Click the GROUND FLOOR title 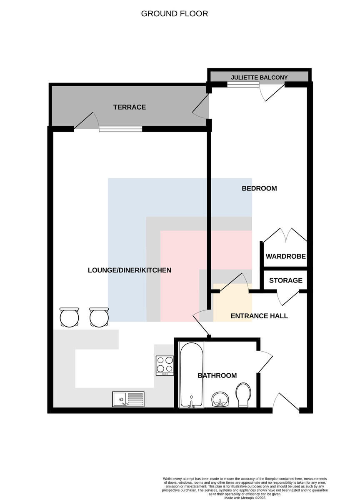(x=174, y=14)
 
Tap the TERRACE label (x=130, y=107)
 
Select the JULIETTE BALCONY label (x=259, y=77)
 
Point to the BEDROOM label (x=259, y=188)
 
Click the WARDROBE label (x=286, y=256)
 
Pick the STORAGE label (x=286, y=280)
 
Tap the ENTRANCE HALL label (x=259, y=316)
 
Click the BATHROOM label (x=217, y=375)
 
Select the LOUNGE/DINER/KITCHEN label (x=130, y=270)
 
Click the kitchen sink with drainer (x=128, y=399)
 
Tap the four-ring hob (x=165, y=365)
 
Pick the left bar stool (x=69, y=317)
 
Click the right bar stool (x=99, y=317)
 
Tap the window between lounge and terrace (x=120, y=129)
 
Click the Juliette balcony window (x=243, y=84)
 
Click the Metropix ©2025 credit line (x=245, y=498)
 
